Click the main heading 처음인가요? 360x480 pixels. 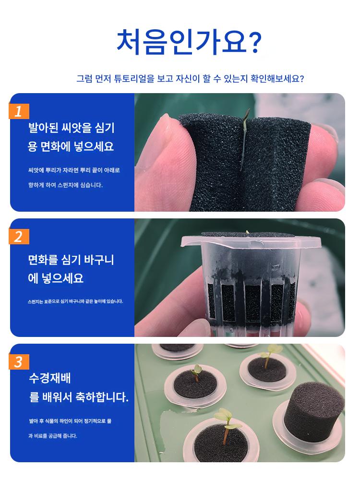(189, 42)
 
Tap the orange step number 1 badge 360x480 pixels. (19, 111)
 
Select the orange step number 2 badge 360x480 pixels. (19, 237)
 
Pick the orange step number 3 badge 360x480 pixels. (19, 362)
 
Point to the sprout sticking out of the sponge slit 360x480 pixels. (244, 139)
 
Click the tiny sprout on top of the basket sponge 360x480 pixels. (247, 232)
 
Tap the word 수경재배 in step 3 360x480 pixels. (50, 378)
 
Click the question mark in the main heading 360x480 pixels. (255, 42)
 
